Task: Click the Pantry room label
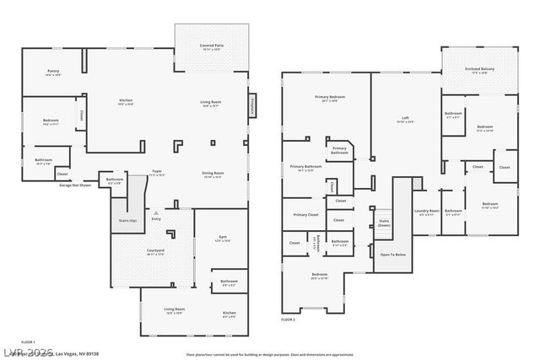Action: pos(52,73)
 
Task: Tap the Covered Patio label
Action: pos(211,46)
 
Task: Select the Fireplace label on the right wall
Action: pos(252,106)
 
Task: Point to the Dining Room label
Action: pos(212,175)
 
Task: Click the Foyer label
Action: pos(157,171)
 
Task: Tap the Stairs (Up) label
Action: pos(127,220)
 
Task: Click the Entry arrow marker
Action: pos(155,212)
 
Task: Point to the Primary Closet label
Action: pos(305,215)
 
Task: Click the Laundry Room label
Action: pos(427,212)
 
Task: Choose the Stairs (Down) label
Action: pos(384,224)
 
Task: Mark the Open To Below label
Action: pos(392,254)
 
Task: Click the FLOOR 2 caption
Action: pos(289,320)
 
